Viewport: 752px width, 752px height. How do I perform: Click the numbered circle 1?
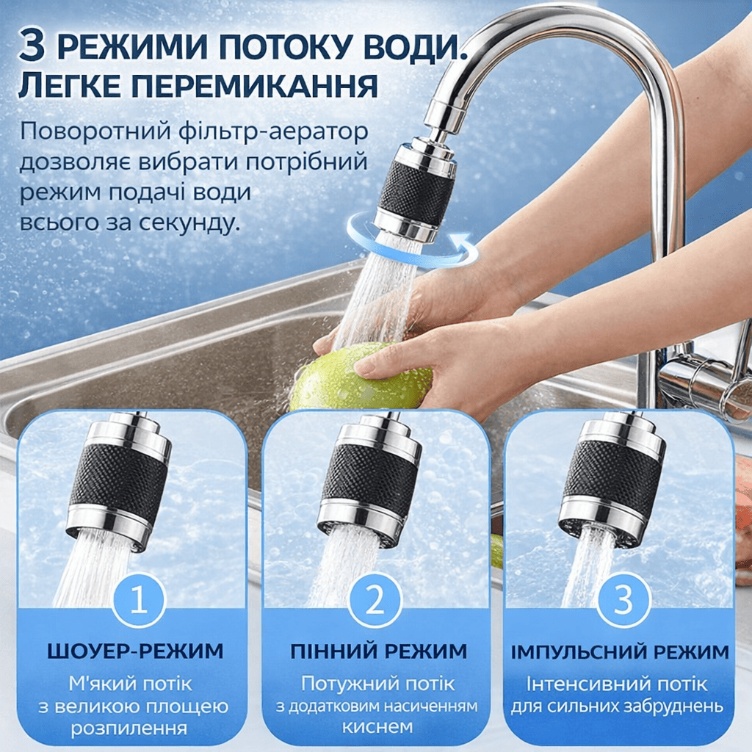(x=139, y=601)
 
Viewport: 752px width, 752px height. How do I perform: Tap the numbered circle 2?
(x=375, y=601)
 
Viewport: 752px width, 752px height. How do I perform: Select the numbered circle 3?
(x=623, y=601)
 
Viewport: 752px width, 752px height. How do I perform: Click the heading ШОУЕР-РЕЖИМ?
(x=135, y=651)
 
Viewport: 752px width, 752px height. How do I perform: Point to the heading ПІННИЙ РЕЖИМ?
(x=378, y=651)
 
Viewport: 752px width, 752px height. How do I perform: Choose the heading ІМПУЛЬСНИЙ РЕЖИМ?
(x=619, y=652)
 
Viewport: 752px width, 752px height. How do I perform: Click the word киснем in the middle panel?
(x=377, y=726)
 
